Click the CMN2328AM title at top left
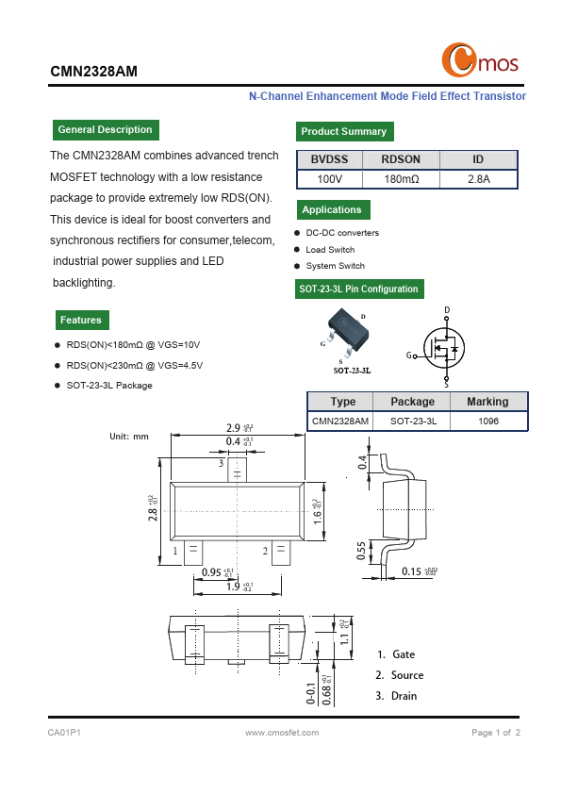pyautogui.click(x=93, y=71)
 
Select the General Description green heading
pyautogui.click(x=105, y=130)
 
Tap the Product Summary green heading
pyautogui.click(x=343, y=132)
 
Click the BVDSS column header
pyautogui.click(x=329, y=160)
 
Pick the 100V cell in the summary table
pyautogui.click(x=329, y=179)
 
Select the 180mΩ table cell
pyautogui.click(x=401, y=179)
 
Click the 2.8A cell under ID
pyautogui.click(x=478, y=179)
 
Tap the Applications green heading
pyautogui.click(x=332, y=210)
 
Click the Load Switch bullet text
pyautogui.click(x=330, y=250)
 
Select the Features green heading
pyautogui.click(x=81, y=321)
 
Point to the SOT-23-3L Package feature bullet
pyautogui.click(x=108, y=386)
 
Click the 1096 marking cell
pyautogui.click(x=487, y=422)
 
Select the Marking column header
pyautogui.click(x=487, y=402)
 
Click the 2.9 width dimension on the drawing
pyautogui.click(x=232, y=427)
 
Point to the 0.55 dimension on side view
pyautogui.click(x=361, y=550)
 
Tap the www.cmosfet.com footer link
pyautogui.click(x=282, y=733)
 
